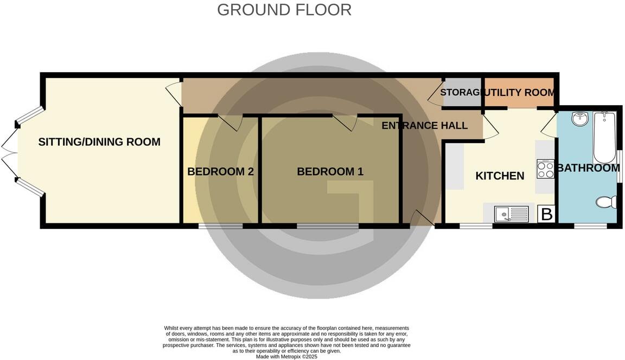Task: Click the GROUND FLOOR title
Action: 284,10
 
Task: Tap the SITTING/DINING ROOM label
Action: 99,142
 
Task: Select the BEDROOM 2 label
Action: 220,172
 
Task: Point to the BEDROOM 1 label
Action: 330,172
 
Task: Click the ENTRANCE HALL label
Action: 424,126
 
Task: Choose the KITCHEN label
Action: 500,176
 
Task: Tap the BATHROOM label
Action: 588,168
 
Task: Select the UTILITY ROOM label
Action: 519,93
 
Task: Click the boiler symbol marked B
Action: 546,214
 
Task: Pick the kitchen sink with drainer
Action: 511,214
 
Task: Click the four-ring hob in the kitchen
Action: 545,169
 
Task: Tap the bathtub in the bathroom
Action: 604,137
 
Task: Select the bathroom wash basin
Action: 580,118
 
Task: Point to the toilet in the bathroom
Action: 606,202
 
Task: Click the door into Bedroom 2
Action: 231,123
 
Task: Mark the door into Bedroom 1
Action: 345,123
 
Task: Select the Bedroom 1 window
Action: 327,226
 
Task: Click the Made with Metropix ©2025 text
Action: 286,357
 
